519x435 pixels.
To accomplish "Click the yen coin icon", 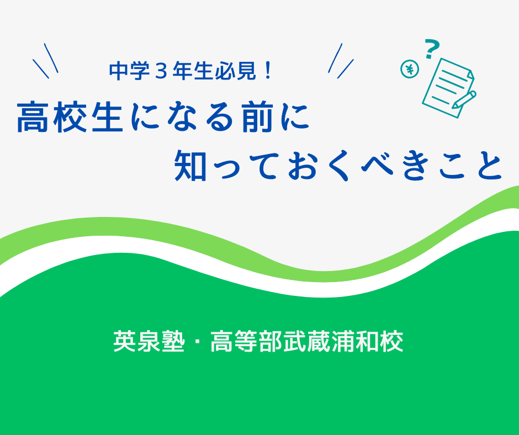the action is (x=410, y=70).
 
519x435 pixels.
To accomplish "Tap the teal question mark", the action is (x=431, y=49).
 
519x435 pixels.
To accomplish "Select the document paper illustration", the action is (x=448, y=88).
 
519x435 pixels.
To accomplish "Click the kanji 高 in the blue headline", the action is (x=33, y=118).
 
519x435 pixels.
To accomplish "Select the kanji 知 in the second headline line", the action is (x=190, y=165).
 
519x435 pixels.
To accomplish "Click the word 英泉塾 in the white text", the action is (x=149, y=341).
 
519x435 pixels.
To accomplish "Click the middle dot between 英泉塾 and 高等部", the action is (x=197, y=341).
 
